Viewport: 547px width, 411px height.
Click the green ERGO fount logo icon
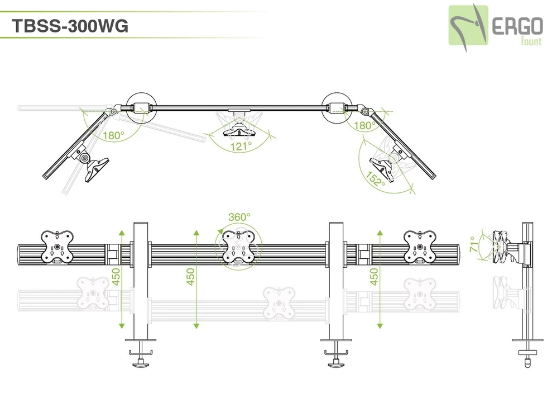pos(468,26)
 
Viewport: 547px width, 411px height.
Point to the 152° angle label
pos(377,178)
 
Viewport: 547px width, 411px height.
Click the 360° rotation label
pos(239,217)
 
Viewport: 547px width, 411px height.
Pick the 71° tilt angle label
pos(473,245)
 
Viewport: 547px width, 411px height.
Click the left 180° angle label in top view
pos(112,135)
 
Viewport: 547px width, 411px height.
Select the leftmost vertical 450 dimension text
pos(116,276)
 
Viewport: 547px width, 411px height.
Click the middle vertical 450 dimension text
pos(191,276)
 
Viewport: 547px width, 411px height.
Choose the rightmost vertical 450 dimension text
pos(374,276)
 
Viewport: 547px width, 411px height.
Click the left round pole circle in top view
pos(140,106)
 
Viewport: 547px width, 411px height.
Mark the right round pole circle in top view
pos(336,106)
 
